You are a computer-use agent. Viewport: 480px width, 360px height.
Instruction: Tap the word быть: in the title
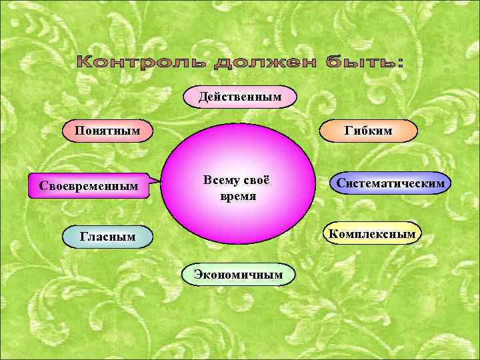point(360,63)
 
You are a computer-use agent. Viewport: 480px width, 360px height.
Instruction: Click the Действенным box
point(239,97)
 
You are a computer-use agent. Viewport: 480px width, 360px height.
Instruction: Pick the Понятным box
point(107,129)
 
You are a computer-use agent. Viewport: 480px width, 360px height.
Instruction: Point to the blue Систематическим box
point(391,183)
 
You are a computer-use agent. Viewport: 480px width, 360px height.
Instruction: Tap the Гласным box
point(107,236)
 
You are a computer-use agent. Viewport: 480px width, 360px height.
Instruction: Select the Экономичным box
point(238,274)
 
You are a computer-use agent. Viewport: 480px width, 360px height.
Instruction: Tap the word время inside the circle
point(238,197)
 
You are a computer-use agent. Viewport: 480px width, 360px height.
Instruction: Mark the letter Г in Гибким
point(349,131)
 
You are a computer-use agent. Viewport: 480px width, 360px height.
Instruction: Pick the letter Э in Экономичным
point(197,274)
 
